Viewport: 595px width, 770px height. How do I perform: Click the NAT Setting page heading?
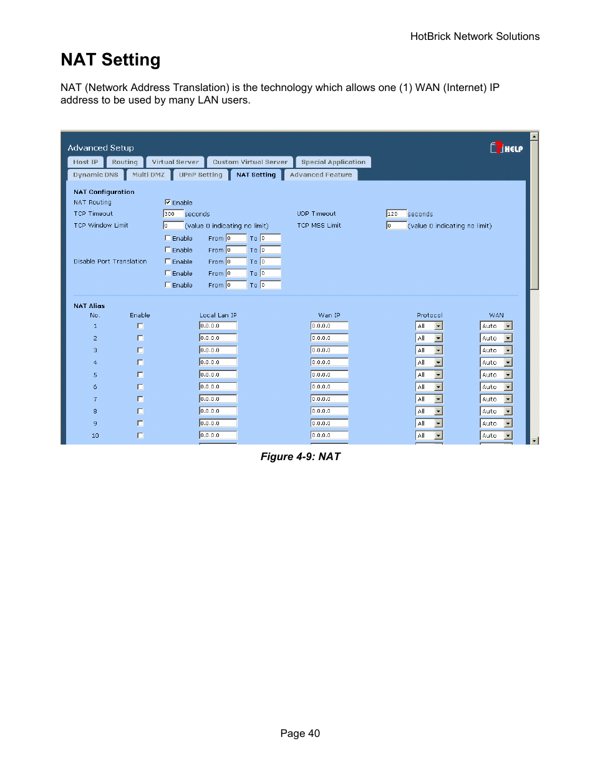click(x=110, y=60)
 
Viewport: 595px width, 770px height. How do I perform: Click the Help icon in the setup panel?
click(x=506, y=148)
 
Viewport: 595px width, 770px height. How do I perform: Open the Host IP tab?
click(x=85, y=162)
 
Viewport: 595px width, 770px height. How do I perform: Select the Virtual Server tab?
click(x=175, y=162)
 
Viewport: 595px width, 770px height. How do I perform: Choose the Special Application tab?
click(x=333, y=162)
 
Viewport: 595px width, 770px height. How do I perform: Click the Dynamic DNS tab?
click(x=95, y=175)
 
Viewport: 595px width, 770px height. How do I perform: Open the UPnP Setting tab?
click(x=200, y=175)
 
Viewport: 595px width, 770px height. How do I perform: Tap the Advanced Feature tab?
click(x=321, y=175)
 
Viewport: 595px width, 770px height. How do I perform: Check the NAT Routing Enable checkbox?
click(x=168, y=202)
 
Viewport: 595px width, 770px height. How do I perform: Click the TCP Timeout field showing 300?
click(x=173, y=214)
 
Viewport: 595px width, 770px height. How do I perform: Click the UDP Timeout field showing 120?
click(x=396, y=214)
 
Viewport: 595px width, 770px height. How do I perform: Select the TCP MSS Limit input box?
click(x=396, y=226)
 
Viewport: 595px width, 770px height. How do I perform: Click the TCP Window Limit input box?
click(x=173, y=226)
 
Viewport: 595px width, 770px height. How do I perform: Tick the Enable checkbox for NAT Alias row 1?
click(x=140, y=326)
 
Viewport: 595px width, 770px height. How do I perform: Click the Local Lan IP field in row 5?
click(x=218, y=375)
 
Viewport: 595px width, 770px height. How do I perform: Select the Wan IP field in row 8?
click(x=329, y=411)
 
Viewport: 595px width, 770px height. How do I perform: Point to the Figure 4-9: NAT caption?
click(x=300, y=457)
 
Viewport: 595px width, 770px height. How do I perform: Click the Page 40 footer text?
click(x=300, y=734)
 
